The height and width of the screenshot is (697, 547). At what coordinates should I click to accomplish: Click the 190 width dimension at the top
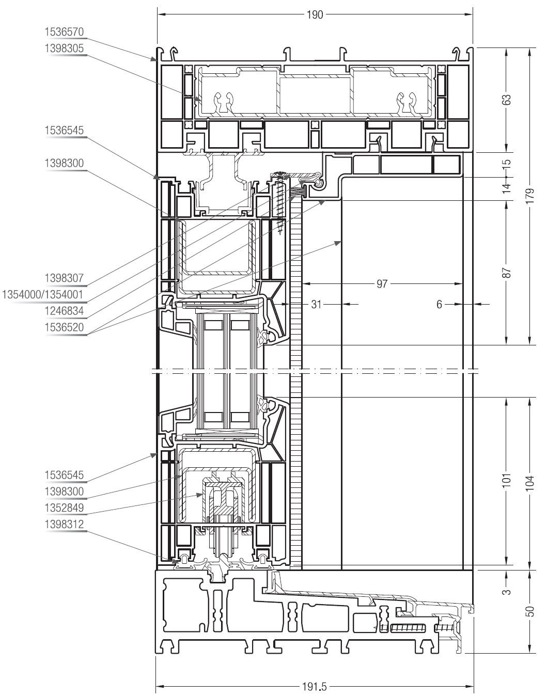point(315,15)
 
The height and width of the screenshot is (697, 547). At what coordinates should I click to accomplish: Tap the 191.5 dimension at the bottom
point(315,686)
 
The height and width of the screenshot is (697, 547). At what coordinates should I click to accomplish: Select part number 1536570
point(64,32)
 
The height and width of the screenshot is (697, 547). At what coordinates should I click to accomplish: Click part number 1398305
point(64,48)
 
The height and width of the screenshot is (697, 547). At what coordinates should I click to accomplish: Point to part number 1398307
point(64,278)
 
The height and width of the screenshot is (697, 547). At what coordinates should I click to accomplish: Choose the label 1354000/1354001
point(43,294)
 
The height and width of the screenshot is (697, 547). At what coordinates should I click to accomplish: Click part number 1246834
point(64,310)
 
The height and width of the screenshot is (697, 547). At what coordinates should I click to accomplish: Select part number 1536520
point(64,327)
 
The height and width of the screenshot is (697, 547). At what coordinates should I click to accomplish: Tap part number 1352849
point(64,508)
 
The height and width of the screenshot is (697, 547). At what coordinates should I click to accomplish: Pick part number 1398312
point(64,524)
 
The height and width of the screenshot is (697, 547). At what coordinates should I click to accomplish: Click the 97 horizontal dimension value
point(382,283)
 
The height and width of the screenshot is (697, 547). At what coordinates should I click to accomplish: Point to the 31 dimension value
point(316,304)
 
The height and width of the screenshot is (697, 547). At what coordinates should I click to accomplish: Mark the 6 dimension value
point(439,304)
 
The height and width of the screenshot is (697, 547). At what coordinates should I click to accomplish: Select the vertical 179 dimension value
point(530,195)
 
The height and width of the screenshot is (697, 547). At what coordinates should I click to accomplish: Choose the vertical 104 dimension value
point(530,483)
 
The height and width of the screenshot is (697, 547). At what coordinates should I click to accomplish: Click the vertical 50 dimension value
point(530,611)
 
